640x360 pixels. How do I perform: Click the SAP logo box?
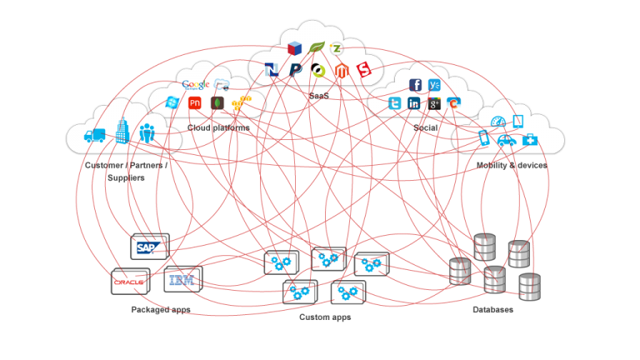tap(150, 247)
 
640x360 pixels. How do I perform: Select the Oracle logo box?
tap(130, 282)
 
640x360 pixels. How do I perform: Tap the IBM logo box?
tap(182, 279)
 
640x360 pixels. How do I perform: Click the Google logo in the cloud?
tap(195, 84)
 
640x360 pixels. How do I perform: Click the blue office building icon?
tap(122, 131)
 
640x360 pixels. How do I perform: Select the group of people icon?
tap(147, 132)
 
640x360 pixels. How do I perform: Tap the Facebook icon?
tap(415, 85)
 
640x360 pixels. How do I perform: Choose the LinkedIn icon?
tap(414, 103)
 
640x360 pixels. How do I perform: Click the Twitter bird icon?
tap(394, 103)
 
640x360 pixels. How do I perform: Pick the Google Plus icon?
tap(434, 103)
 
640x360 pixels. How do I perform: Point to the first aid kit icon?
tap(529, 139)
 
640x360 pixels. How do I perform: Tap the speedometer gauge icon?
tap(498, 122)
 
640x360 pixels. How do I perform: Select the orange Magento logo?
tap(340, 71)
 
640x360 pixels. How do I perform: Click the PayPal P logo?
tap(295, 70)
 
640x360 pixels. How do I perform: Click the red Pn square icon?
tap(195, 103)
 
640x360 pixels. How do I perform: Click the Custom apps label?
tap(324, 317)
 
